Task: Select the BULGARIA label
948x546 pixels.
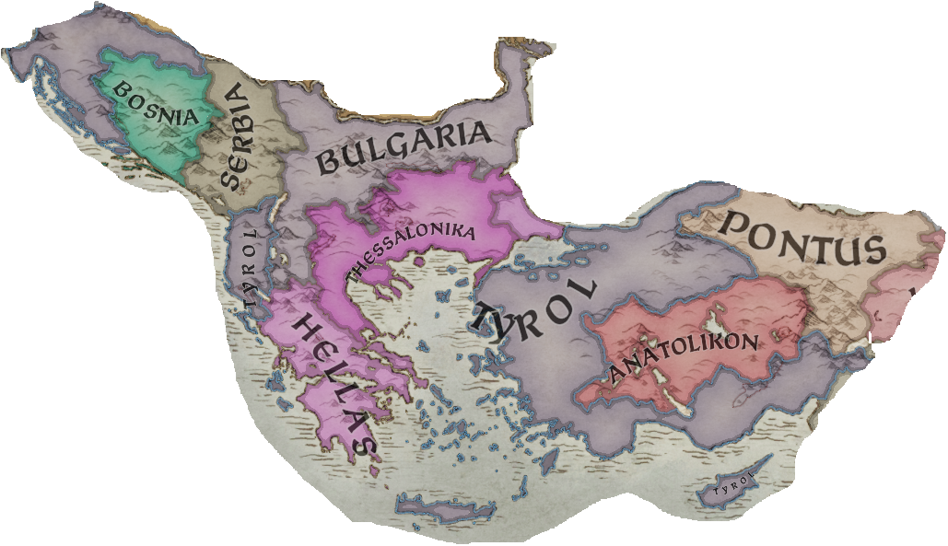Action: coord(404,147)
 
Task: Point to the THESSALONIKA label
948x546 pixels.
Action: coord(410,250)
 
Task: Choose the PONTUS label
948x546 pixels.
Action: coord(801,236)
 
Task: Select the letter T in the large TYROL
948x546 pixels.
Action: coord(486,322)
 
